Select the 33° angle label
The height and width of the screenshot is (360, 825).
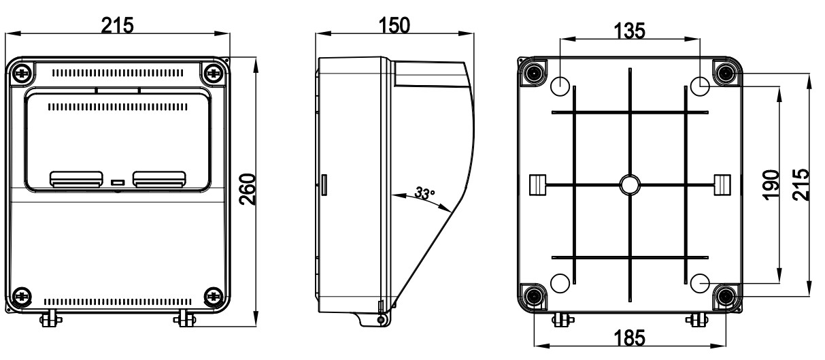[x=425, y=194]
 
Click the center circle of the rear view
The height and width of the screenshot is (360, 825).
[x=630, y=184]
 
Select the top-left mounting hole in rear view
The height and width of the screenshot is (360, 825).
[x=559, y=86]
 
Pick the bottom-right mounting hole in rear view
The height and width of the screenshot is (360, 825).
[x=701, y=283]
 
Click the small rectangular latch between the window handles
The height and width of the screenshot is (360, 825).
[x=117, y=182]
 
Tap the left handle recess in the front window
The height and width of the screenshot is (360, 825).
[x=75, y=178]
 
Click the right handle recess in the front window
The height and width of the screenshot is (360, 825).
[x=158, y=178]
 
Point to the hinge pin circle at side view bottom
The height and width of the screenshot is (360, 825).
[x=380, y=319]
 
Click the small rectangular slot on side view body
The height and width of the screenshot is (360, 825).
[x=324, y=184]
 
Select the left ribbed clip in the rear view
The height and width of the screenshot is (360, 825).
[x=537, y=184]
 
